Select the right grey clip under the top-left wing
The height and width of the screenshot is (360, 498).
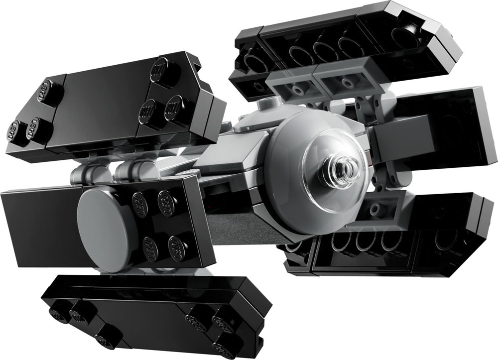(126, 173)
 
